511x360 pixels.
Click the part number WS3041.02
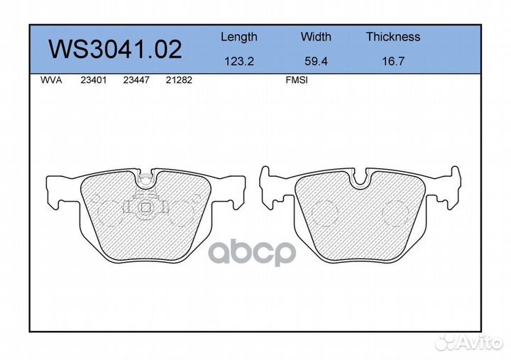(x=115, y=49)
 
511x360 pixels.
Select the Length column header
(x=239, y=37)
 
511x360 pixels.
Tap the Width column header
(x=316, y=36)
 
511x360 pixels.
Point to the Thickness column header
(x=393, y=36)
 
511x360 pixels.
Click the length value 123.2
(x=239, y=61)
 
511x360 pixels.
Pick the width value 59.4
(x=316, y=61)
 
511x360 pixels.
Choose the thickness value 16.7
(x=393, y=61)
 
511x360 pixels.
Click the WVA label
(x=51, y=80)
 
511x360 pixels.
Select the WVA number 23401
(x=94, y=80)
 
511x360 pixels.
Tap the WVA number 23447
(x=136, y=80)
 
